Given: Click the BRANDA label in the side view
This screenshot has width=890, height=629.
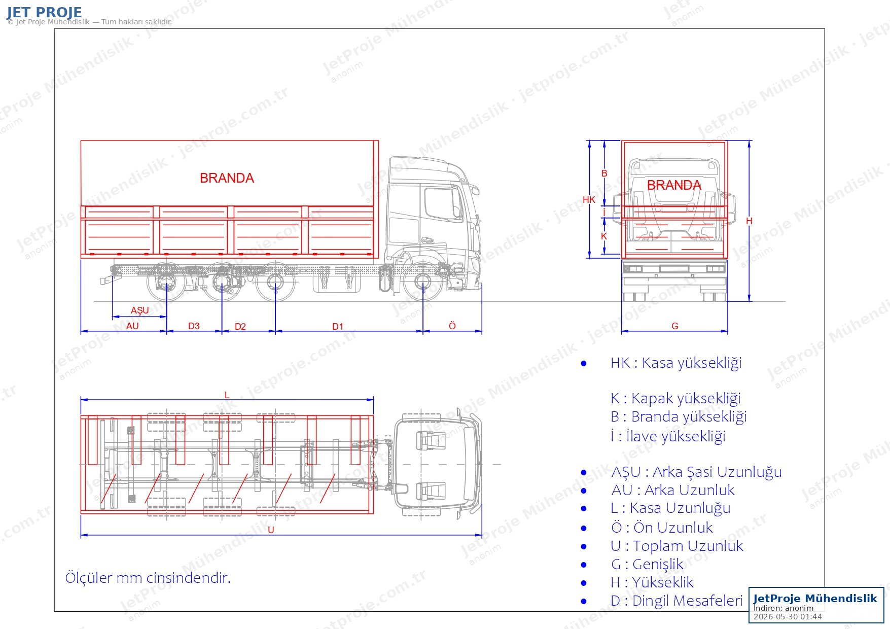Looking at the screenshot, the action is [227, 178].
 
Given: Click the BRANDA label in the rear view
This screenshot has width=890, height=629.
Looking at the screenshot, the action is [674, 185].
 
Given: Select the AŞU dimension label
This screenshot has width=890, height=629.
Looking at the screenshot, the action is [140, 310].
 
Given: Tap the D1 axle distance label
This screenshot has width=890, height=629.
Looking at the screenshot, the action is [338, 327].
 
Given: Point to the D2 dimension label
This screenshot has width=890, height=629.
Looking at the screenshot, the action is [240, 327].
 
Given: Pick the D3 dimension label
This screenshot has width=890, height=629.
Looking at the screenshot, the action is [194, 326].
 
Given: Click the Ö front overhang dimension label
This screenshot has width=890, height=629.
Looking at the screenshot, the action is [452, 326].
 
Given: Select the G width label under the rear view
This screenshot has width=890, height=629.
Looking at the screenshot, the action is [675, 326].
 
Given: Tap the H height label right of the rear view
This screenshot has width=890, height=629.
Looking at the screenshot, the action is [749, 221].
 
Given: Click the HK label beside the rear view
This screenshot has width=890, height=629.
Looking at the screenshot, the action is [589, 200].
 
